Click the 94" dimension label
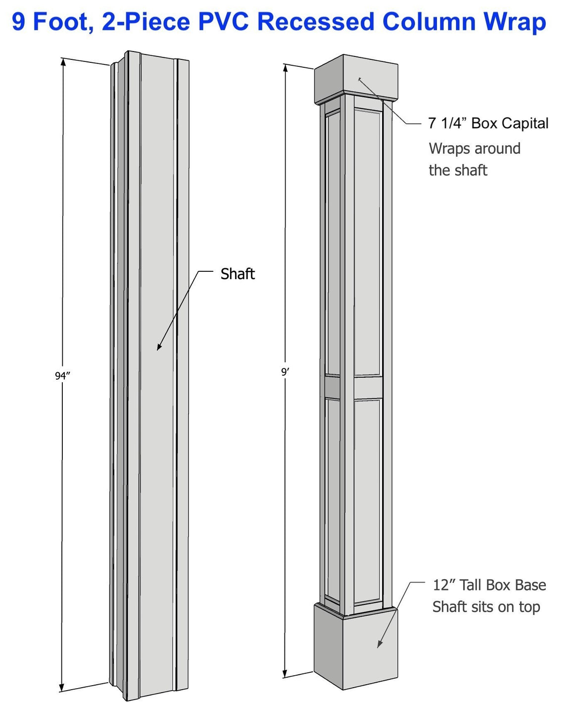tap(62, 376)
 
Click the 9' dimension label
tap(285, 372)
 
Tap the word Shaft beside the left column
tap(238, 274)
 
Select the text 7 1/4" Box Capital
tap(488, 123)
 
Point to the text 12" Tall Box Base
tap(489, 585)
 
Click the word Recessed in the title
tap(315, 22)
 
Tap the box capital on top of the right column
tap(356, 79)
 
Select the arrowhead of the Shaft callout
tap(159, 348)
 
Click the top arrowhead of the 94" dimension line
tap(63, 62)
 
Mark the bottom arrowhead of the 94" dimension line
tap(62, 688)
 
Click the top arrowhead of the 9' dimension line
tap(286, 67)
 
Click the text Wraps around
tap(474, 149)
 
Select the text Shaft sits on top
tap(486, 607)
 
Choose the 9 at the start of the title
tap(18, 22)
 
